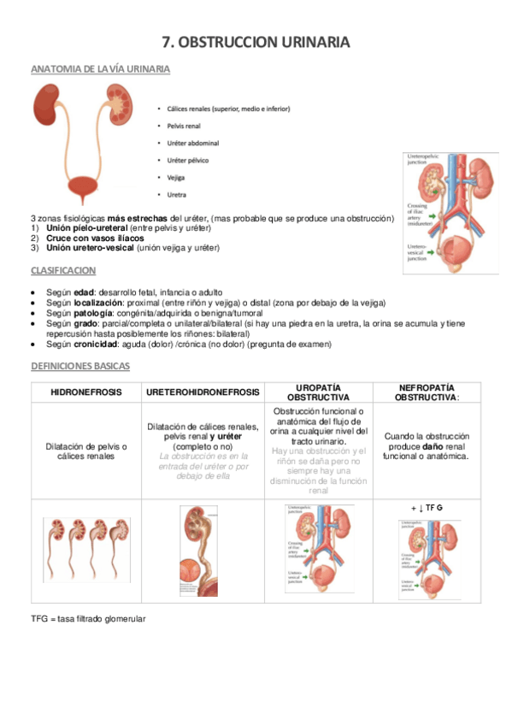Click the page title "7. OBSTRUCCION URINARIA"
(x=256, y=42)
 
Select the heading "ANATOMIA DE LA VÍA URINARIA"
(x=100, y=68)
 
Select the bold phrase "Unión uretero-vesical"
(x=90, y=248)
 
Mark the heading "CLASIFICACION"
(x=63, y=270)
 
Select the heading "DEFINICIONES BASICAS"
(x=80, y=366)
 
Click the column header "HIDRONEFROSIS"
(x=86, y=392)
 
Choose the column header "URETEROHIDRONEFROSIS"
(x=203, y=392)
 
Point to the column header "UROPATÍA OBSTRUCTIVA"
(x=318, y=392)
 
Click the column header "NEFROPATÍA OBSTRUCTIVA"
(x=427, y=392)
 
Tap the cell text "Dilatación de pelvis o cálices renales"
(x=86, y=451)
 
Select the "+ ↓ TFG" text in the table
(x=427, y=508)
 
